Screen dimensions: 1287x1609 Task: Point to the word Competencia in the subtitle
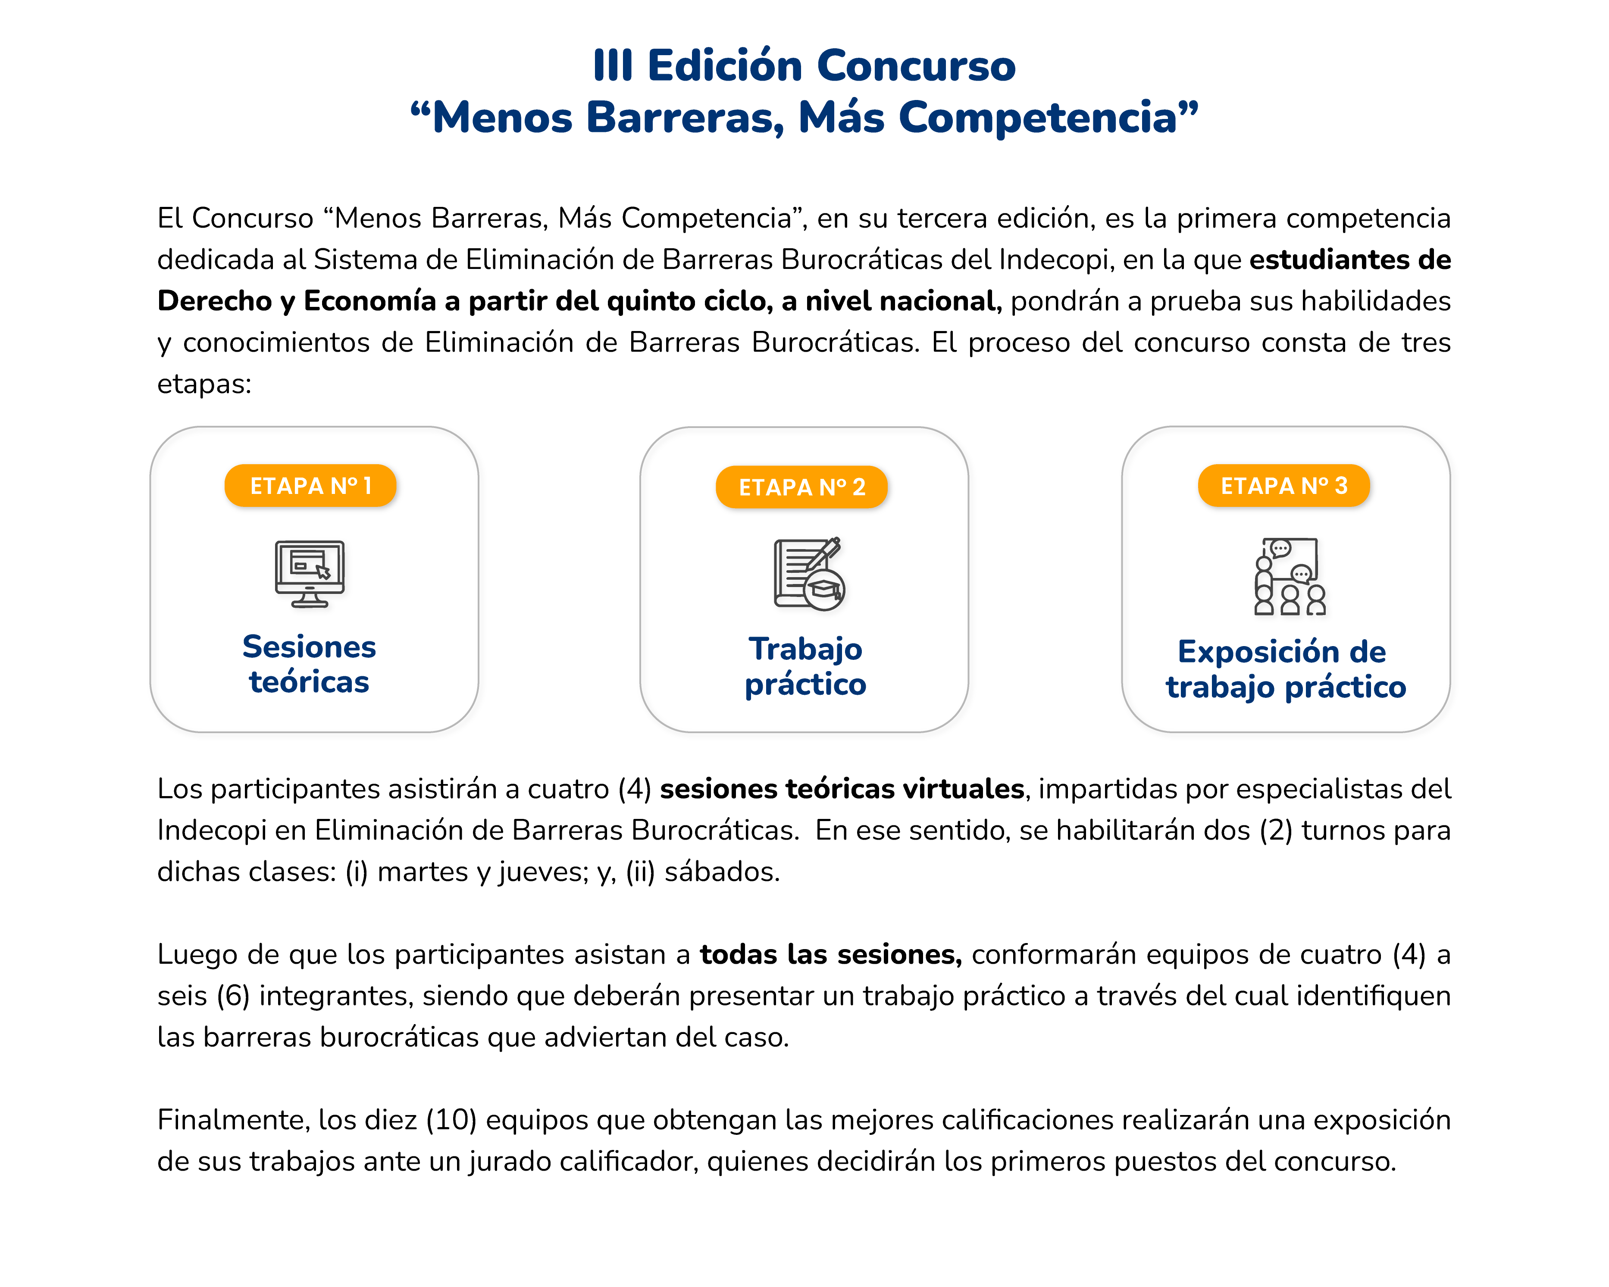(1037, 118)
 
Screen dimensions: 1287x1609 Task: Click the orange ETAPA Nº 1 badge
(310, 486)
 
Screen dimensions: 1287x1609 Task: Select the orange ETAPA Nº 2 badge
(801, 487)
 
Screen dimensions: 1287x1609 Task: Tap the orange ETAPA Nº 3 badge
(1283, 486)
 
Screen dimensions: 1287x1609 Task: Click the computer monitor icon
(310, 573)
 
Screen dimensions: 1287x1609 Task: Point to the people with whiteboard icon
(1289, 576)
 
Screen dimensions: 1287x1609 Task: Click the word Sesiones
(309, 647)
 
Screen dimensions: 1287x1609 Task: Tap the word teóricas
(309, 682)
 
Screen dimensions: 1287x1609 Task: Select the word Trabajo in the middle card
(805, 649)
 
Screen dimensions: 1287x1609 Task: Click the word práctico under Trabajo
(805, 684)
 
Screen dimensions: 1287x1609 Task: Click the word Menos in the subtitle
(502, 118)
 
